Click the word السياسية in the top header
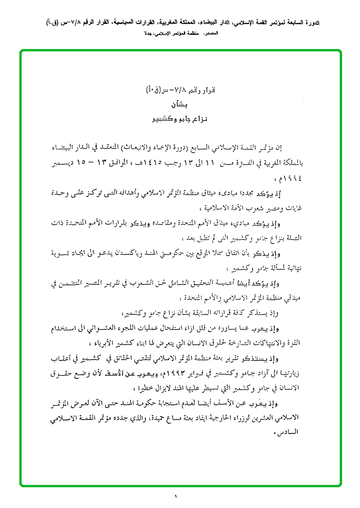point(137,23)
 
